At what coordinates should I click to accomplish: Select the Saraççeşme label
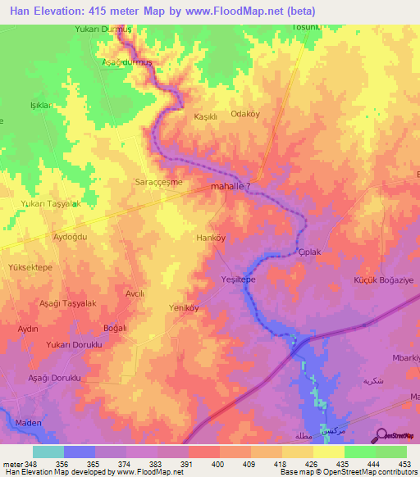coord(158,181)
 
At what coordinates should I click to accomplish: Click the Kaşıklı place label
coord(204,116)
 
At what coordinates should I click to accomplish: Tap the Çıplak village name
coord(308,252)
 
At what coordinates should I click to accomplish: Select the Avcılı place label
coord(135,293)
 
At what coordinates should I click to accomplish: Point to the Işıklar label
coord(41,106)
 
